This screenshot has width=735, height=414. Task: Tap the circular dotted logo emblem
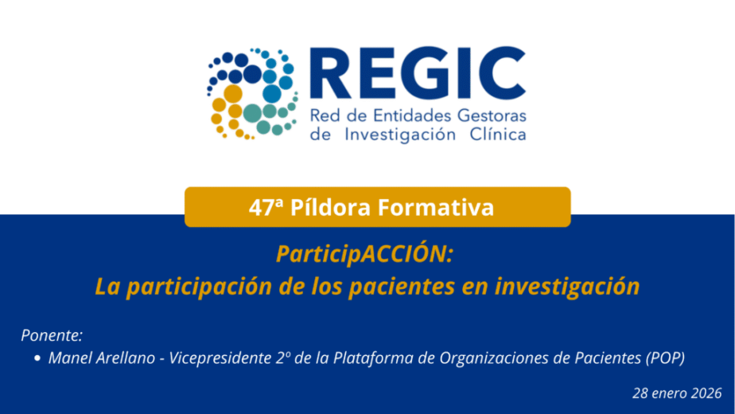tap(252, 93)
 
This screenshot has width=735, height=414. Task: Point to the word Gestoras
tap(492, 115)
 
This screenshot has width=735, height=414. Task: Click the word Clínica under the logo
tap(498, 135)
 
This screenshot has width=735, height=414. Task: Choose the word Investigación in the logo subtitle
tap(400, 135)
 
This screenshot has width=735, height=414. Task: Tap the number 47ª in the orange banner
tap(266, 207)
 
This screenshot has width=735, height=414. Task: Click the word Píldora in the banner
tap(330, 207)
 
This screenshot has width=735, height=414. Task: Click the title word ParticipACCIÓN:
tap(364, 253)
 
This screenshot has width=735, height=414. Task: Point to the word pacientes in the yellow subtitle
tap(402, 287)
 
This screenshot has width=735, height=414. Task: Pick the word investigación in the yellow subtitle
tap(567, 287)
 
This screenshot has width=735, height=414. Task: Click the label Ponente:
tap(52, 335)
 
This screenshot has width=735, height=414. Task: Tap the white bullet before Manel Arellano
tap(37, 358)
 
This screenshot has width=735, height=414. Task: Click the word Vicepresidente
tap(220, 358)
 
